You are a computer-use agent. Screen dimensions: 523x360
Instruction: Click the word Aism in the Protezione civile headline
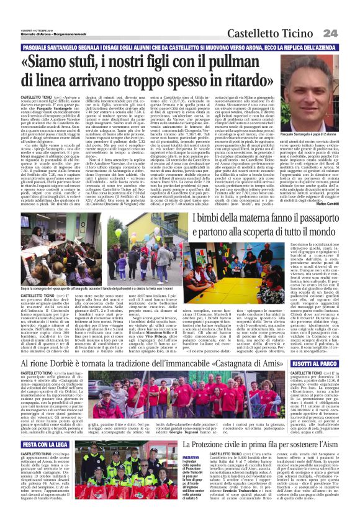click(x=340, y=445)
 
